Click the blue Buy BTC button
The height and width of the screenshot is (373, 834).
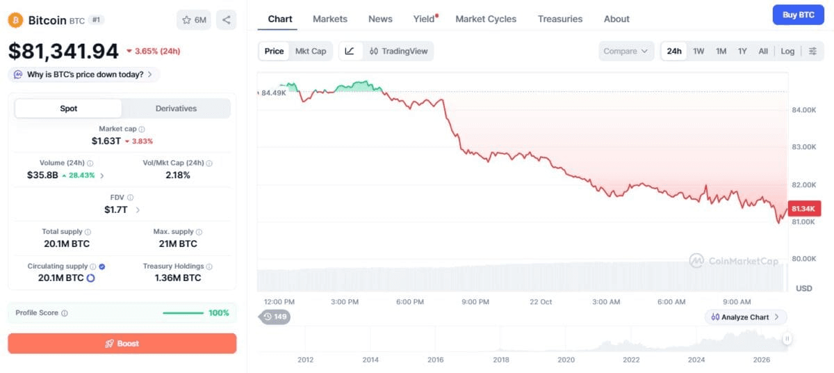point(798,15)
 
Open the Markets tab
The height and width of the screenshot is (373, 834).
point(330,19)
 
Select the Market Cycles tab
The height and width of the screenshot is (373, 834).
point(486,19)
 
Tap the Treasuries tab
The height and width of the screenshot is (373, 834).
point(560,19)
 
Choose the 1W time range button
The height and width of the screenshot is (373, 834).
point(698,51)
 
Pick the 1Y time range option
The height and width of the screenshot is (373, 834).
point(742,51)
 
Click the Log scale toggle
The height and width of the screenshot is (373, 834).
point(787,51)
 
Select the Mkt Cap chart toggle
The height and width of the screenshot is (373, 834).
point(311,51)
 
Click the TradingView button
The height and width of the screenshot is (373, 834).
point(398,51)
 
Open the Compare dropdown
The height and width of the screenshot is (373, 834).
point(626,51)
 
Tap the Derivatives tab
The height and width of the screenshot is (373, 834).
point(176,109)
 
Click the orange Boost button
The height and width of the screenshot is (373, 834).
point(122,343)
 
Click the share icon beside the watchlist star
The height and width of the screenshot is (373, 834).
point(226,19)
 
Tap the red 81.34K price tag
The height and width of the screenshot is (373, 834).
point(804,209)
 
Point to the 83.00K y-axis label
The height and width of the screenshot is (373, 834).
point(804,147)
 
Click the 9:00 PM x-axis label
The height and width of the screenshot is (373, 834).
point(475,302)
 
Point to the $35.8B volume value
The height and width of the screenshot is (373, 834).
point(42,175)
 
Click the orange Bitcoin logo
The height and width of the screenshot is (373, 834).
point(15,20)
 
